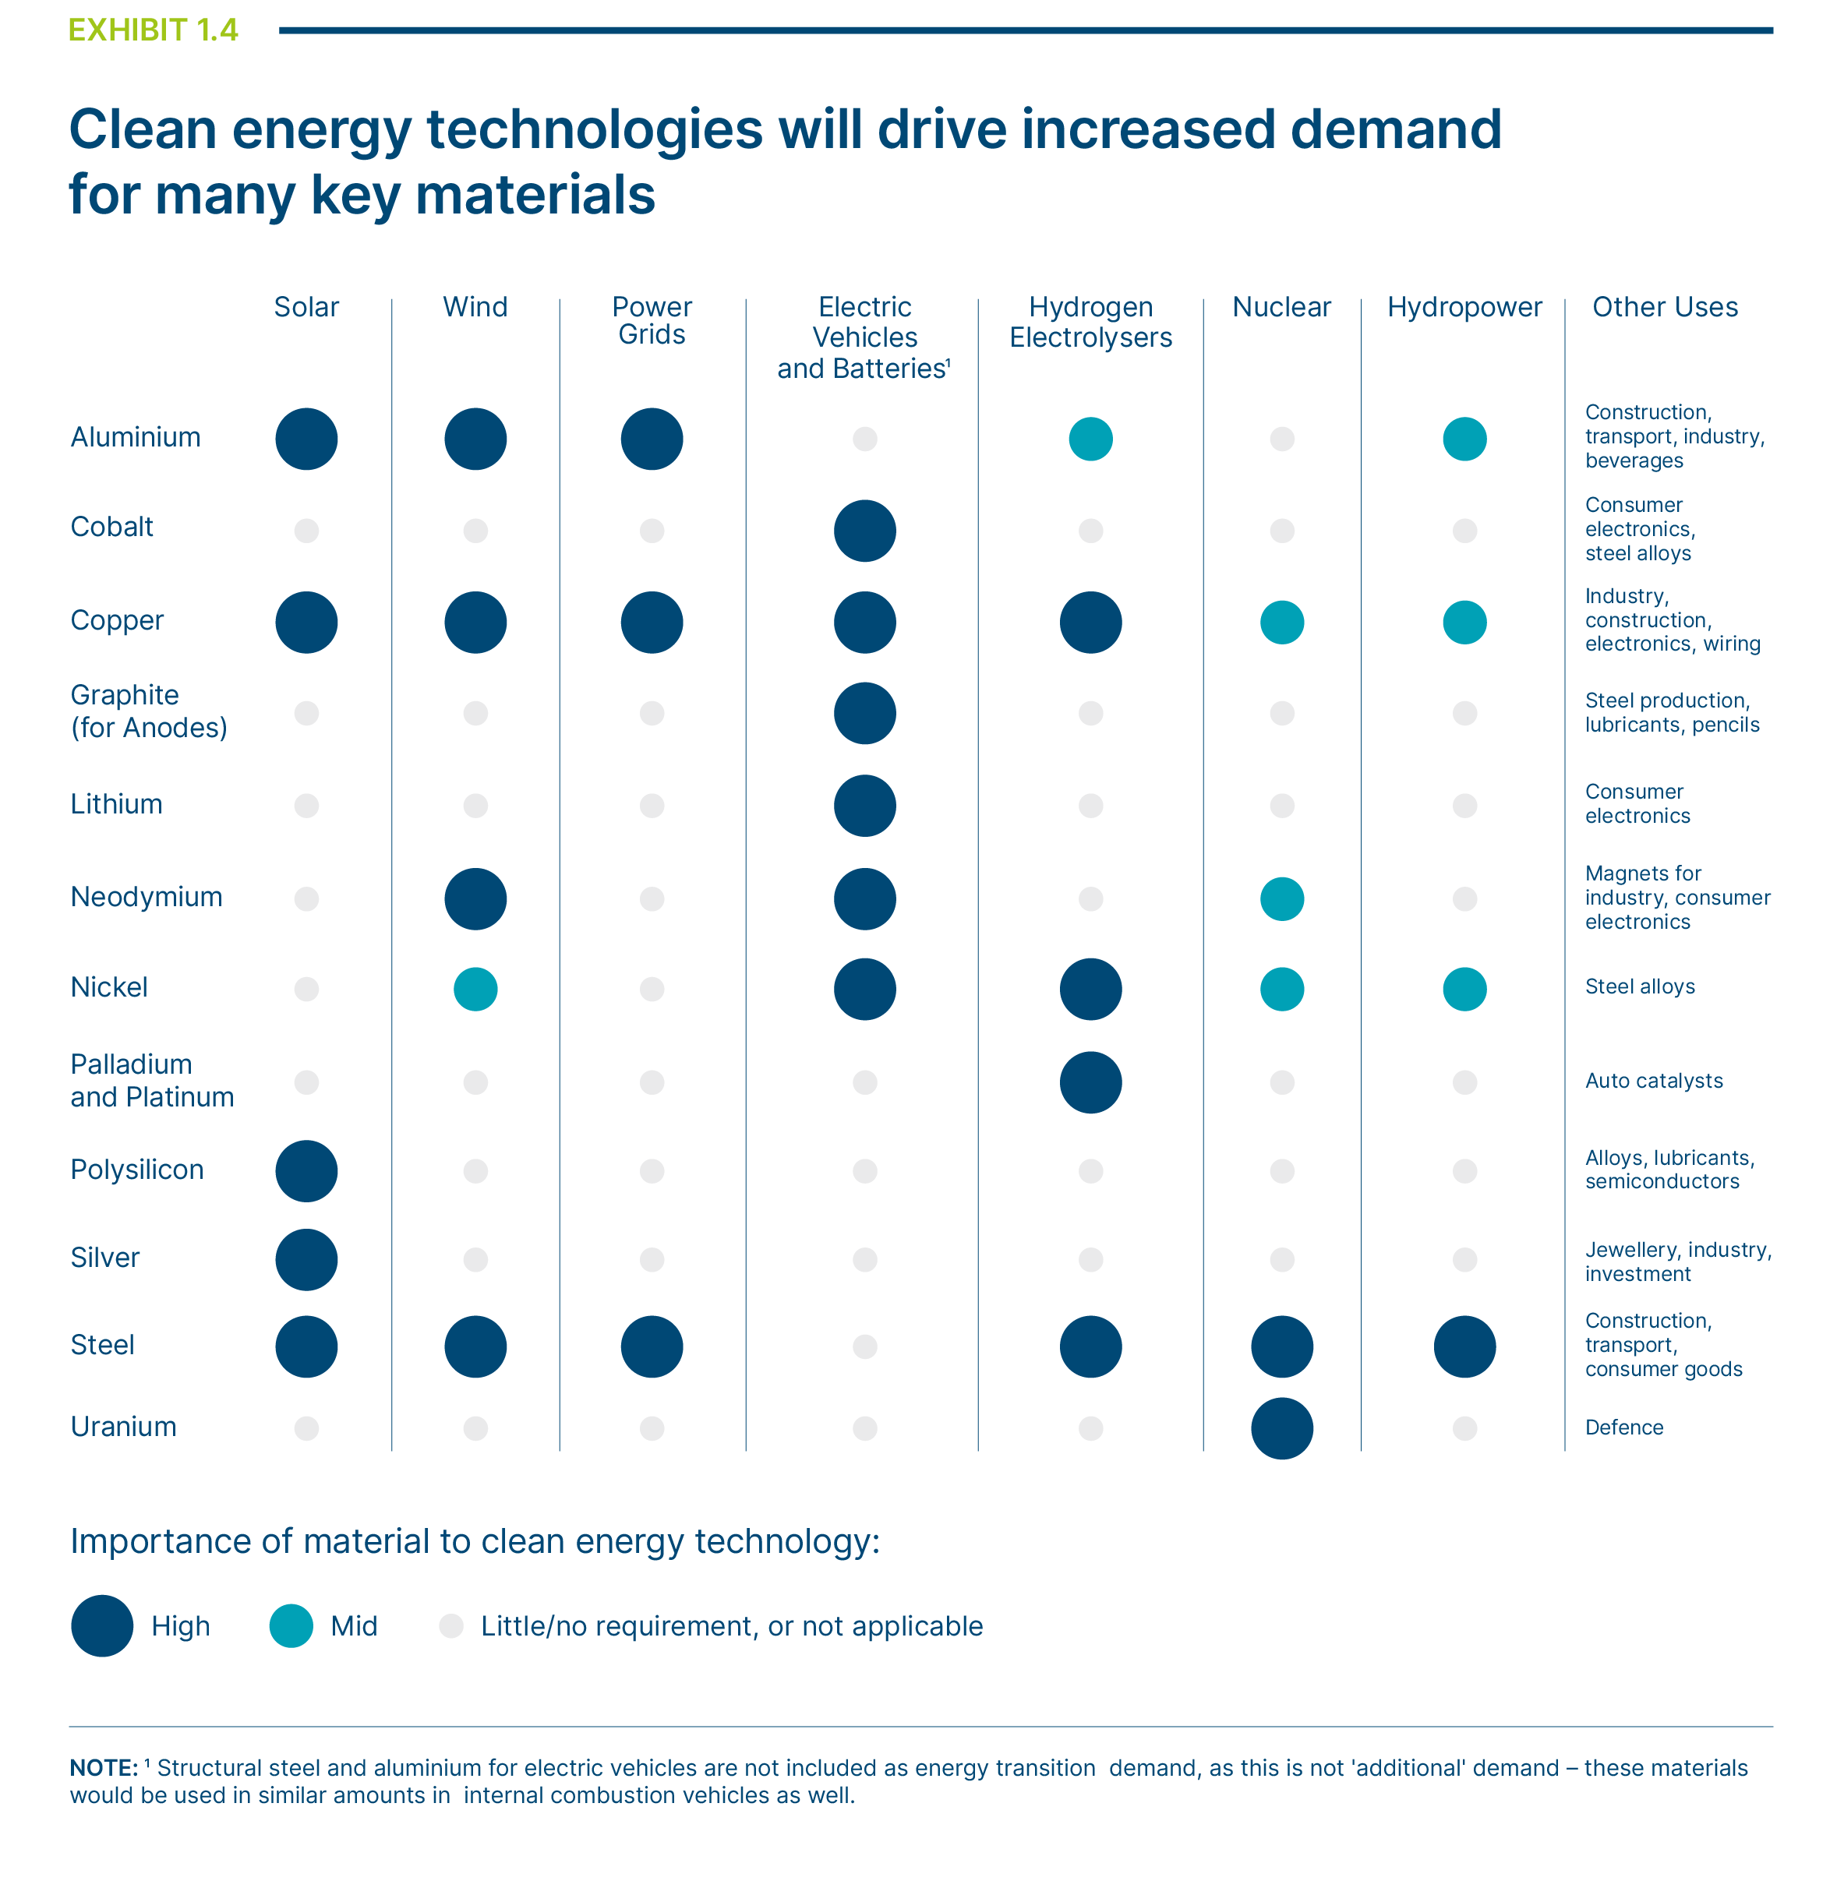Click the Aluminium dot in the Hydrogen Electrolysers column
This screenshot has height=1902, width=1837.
1091,439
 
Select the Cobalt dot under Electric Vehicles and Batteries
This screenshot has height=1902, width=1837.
864,531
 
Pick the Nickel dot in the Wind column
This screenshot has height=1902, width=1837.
475,990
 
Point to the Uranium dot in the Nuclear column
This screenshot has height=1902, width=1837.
1282,1428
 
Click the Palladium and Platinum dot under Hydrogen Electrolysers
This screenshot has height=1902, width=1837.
1091,1082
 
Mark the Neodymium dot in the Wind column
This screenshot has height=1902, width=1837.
475,898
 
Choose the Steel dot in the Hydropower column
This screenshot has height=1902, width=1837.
1464,1347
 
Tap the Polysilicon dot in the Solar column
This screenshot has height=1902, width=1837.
306,1171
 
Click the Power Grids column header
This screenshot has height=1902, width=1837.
652,320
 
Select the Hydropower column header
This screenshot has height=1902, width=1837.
1464,308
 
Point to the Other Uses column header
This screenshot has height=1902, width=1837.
1666,308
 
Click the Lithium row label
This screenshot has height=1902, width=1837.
116,804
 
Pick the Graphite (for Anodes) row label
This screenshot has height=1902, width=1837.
149,711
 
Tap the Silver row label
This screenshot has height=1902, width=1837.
104,1258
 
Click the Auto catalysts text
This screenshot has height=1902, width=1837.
1654,1081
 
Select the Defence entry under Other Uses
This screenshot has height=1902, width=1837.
1623,1427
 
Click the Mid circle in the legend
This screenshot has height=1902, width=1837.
291,1625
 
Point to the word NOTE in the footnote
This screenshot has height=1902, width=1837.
104,1768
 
